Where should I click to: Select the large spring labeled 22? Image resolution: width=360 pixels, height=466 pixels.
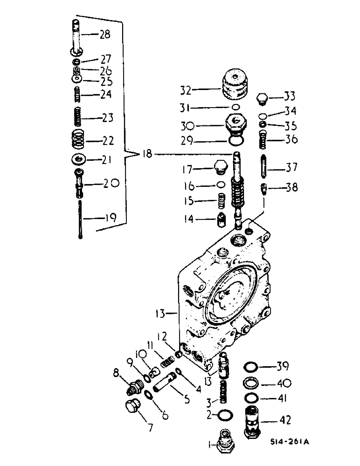(x=79, y=139)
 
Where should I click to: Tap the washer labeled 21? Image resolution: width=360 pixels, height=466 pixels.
(x=79, y=160)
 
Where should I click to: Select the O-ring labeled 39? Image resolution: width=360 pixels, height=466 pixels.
(x=251, y=366)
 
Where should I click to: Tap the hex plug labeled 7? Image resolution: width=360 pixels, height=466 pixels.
(x=133, y=407)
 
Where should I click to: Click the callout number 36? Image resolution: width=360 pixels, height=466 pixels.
(x=291, y=139)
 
